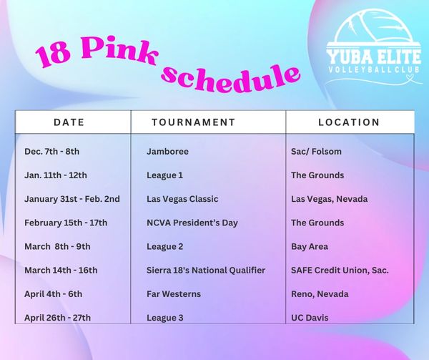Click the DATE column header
tap(69, 122)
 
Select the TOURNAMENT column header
tap(194, 122)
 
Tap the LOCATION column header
tap(349, 122)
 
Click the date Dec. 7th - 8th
tap(52, 152)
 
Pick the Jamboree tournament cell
tap(168, 152)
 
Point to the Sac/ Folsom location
tap(316, 152)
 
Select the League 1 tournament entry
tap(164, 175)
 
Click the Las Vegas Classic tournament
tap(182, 199)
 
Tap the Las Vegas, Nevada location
tap(330, 199)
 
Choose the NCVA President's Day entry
tap(192, 223)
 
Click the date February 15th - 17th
tap(66, 223)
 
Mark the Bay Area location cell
tap(310, 247)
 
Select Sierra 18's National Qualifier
tap(206, 271)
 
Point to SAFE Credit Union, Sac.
tap(340, 271)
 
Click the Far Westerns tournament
tap(174, 294)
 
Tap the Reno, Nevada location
tap(320, 294)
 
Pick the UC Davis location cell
tap(310, 318)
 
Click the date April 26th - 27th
tap(57, 318)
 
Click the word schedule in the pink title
tap(230, 79)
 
